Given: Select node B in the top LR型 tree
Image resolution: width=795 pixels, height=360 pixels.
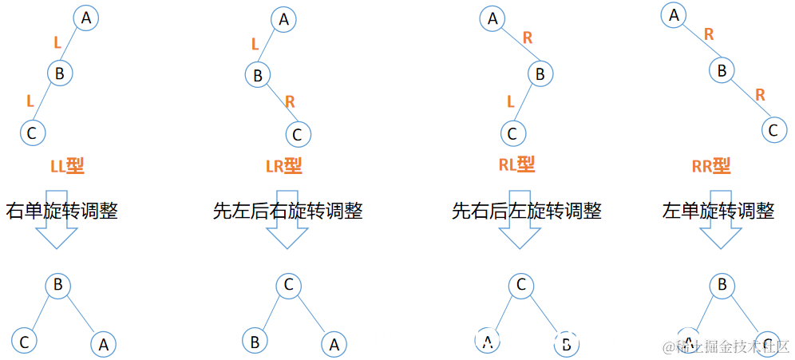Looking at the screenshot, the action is point(258,76).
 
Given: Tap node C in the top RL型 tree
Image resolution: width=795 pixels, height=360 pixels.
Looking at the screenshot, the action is point(512,133).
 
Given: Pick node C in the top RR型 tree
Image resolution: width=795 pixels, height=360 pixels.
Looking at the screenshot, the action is point(772,128).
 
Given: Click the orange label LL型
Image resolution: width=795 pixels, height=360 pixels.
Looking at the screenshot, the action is point(66,167).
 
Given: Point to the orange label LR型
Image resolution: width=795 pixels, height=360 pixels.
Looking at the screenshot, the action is point(283,166).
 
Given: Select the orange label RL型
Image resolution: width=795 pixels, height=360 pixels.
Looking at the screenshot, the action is point(516,165).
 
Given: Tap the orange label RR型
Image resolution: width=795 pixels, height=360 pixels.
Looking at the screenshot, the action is point(711,167).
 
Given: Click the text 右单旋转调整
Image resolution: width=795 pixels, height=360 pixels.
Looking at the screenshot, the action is point(61,212).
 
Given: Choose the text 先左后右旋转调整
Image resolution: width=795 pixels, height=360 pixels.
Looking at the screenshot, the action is point(288,212).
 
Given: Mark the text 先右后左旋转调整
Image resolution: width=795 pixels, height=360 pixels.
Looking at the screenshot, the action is point(527,212).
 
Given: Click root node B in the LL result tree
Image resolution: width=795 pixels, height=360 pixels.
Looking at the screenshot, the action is point(57,284).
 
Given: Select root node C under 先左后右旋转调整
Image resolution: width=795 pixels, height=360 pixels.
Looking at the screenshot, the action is point(289,286).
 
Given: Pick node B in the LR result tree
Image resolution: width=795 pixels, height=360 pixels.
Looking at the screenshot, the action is point(255,342).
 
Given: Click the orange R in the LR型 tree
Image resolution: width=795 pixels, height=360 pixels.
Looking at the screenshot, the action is point(290,101).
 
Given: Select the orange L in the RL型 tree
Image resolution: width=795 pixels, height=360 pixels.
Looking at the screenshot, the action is point(511,101).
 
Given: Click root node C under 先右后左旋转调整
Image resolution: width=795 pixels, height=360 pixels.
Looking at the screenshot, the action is point(520,286).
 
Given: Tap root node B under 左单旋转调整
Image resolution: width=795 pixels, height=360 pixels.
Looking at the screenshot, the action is point(722,286).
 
